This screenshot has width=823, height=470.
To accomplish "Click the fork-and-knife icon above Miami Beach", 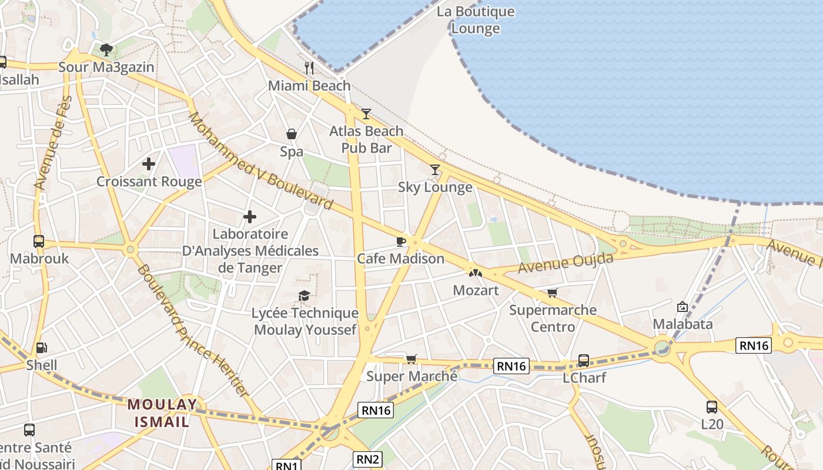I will pyautogui.click(x=309, y=68).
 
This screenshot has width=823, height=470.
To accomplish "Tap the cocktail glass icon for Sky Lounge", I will pyautogui.click(x=435, y=170).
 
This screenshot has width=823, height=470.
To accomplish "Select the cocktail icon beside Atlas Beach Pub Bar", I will pyautogui.click(x=366, y=113).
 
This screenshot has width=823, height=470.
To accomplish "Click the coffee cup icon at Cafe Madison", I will pyautogui.click(x=401, y=241).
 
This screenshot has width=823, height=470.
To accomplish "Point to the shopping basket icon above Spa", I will pyautogui.click(x=292, y=134).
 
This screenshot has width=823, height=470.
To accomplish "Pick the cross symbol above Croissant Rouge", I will pyautogui.click(x=149, y=163).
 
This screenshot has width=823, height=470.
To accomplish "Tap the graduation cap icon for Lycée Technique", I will pyautogui.click(x=304, y=295).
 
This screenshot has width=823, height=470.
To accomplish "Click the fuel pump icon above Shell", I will pyautogui.click(x=41, y=348).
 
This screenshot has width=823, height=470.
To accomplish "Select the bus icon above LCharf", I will pyautogui.click(x=584, y=360).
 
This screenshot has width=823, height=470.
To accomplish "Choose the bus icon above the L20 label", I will pyautogui.click(x=712, y=407).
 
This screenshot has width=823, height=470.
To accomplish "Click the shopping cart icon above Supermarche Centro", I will pyautogui.click(x=552, y=293).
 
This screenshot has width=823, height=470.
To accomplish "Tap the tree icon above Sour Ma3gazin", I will pyautogui.click(x=106, y=49).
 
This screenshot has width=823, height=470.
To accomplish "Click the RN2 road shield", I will pyautogui.click(x=367, y=459).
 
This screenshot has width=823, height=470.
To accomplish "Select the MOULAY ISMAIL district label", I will pyautogui.click(x=162, y=413).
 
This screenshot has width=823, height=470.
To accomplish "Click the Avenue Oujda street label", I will pyautogui.click(x=565, y=262).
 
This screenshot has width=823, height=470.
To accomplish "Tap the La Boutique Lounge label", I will pyautogui.click(x=476, y=20).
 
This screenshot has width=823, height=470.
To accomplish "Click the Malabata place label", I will pyautogui.click(x=683, y=324).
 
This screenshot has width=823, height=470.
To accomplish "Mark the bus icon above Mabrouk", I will pyautogui.click(x=39, y=241).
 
